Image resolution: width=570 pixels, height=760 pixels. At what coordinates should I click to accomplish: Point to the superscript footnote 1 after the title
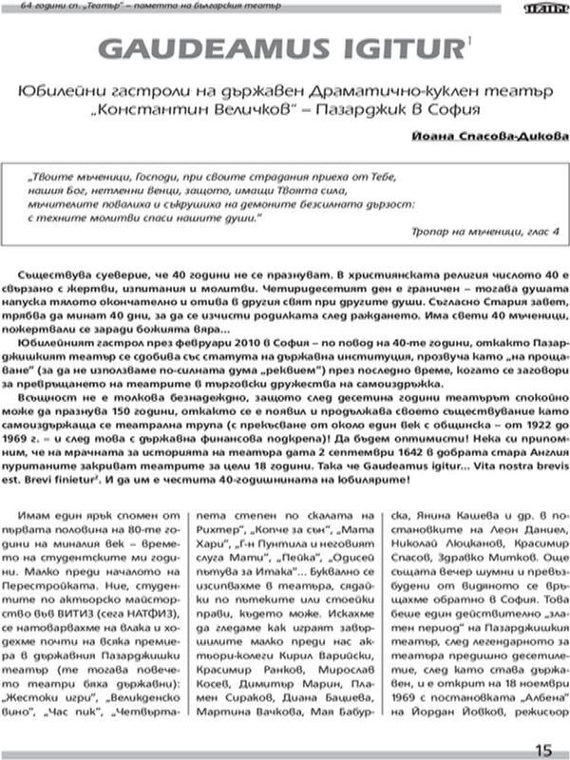point(466,39)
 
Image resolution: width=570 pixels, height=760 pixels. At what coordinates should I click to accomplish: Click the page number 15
point(542,749)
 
